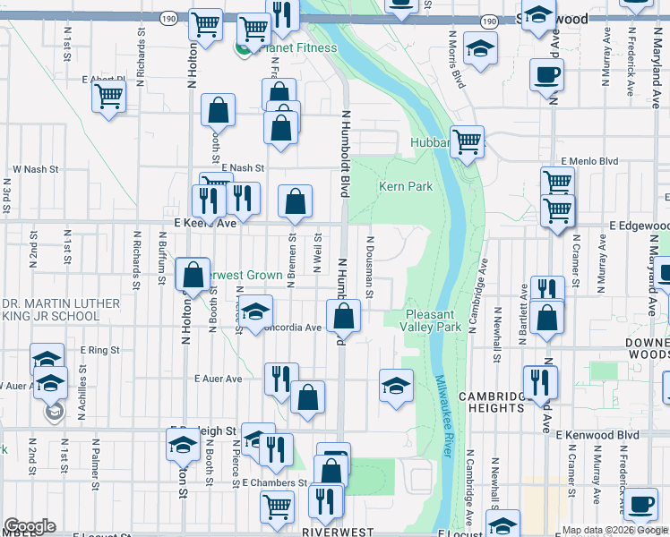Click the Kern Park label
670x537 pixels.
[x=406, y=186]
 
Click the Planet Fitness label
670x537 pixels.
[x=298, y=47]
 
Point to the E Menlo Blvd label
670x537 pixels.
[x=589, y=161]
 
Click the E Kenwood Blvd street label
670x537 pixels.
[x=597, y=435]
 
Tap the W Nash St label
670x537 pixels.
[x=35, y=168]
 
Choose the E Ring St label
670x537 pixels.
[x=99, y=350]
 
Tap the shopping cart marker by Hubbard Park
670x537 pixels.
[x=467, y=141]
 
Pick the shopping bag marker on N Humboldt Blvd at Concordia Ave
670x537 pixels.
[x=343, y=316]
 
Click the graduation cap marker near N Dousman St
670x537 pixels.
[x=396, y=386]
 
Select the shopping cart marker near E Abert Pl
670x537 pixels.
[x=109, y=96]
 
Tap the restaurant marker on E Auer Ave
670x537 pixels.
[x=281, y=379]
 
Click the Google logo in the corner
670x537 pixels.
[x=30, y=526]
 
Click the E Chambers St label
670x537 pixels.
[x=275, y=482]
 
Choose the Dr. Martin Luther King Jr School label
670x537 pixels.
[x=62, y=310]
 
